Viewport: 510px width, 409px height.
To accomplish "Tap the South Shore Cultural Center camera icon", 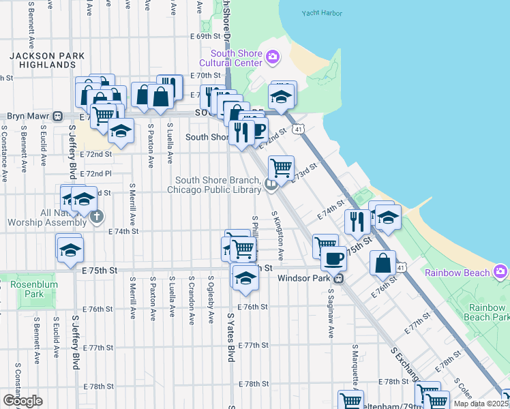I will (273, 57).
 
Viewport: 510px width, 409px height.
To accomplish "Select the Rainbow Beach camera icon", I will (501, 272).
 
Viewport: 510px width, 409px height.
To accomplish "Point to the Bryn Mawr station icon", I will (59, 117).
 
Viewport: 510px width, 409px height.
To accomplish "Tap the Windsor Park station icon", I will (337, 278).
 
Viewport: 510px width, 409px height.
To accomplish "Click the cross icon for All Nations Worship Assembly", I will (97, 217).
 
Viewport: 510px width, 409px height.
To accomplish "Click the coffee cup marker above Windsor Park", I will (333, 258).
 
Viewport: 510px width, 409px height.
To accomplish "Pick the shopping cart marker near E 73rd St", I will (281, 166).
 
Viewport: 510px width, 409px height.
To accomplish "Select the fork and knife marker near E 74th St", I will (356, 220).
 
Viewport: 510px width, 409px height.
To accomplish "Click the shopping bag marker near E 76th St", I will (383, 262).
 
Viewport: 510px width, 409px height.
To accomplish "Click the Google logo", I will (22, 400).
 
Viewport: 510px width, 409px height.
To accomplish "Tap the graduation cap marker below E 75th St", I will (245, 277).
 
